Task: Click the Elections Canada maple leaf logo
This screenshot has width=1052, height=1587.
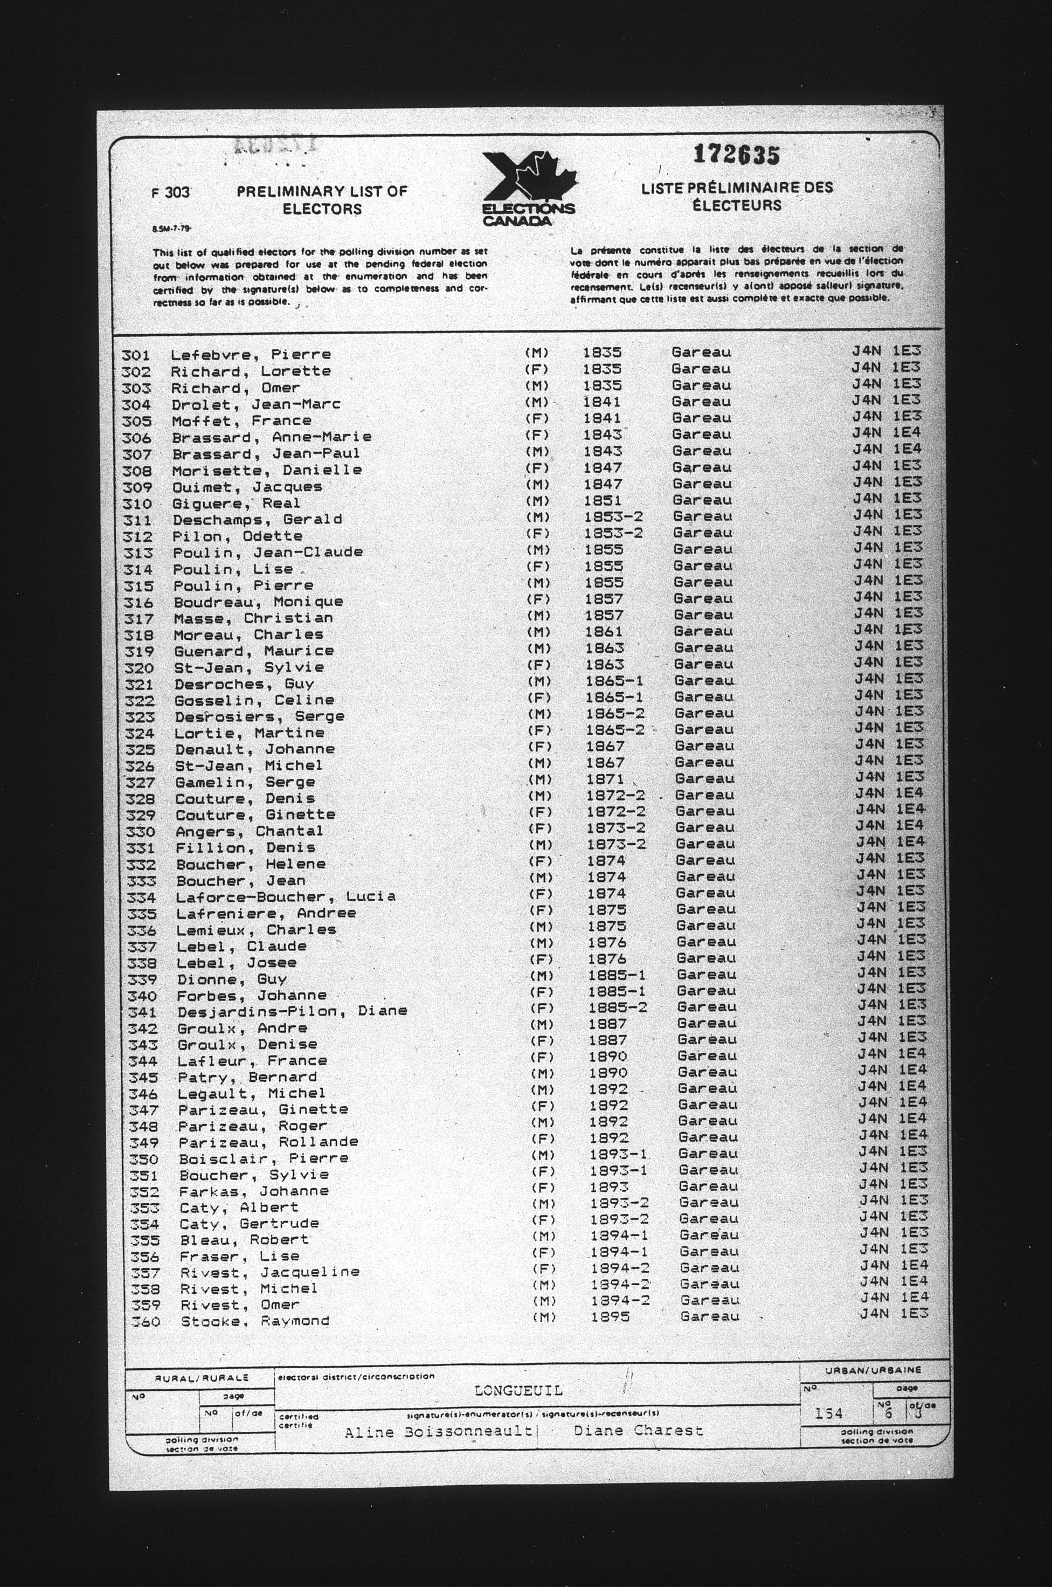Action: pyautogui.click(x=528, y=189)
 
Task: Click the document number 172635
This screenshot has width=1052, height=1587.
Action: pyautogui.click(x=736, y=155)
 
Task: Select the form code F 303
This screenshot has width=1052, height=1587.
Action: pyautogui.click(x=170, y=192)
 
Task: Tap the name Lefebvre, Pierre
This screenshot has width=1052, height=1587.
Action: pyautogui.click(x=250, y=354)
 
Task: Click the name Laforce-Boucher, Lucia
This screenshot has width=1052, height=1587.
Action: pyautogui.click(x=285, y=896)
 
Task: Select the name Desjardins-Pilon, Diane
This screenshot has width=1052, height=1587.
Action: pyautogui.click(x=292, y=1011)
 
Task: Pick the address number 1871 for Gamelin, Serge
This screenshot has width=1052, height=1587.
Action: pyautogui.click(x=605, y=779)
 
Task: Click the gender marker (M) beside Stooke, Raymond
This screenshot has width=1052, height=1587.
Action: pyautogui.click(x=544, y=1317)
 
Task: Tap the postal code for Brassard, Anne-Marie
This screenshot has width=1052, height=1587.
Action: pyautogui.click(x=887, y=433)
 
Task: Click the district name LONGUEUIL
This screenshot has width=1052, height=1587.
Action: pyautogui.click(x=518, y=1391)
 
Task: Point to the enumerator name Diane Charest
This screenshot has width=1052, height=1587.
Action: pyautogui.click(x=638, y=1431)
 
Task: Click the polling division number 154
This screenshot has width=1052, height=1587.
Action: pyautogui.click(x=828, y=1413)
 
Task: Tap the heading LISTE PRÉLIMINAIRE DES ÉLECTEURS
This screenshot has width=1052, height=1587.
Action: pyautogui.click(x=737, y=197)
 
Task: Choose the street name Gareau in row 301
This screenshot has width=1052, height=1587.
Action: pyautogui.click(x=701, y=351)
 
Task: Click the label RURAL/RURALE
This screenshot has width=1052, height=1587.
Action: pyautogui.click(x=201, y=1378)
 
